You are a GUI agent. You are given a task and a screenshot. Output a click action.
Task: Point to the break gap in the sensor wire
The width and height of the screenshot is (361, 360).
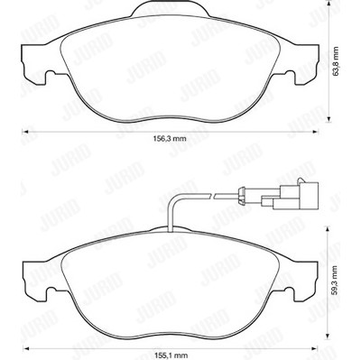(211, 196)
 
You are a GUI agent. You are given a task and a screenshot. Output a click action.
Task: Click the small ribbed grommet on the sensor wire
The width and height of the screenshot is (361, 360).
(241, 195)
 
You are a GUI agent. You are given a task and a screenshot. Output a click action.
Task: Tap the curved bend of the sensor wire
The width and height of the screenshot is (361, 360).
(172, 200)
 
